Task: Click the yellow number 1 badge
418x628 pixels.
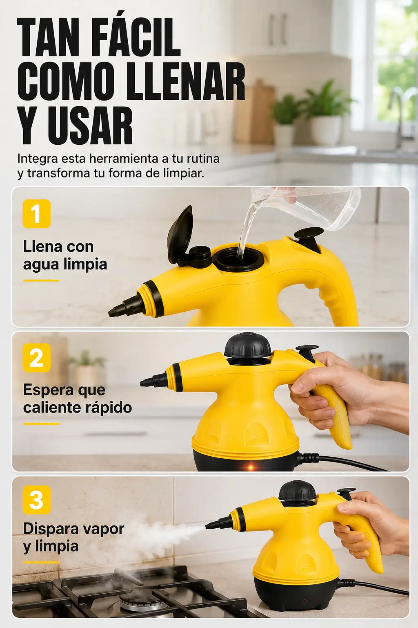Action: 36,214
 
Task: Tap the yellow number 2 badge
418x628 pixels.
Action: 36,358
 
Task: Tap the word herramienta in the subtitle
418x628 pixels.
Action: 124,159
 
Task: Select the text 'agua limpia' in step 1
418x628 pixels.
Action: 65,265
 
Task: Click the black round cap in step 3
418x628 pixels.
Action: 297,493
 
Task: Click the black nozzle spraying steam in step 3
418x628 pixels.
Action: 218,523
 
